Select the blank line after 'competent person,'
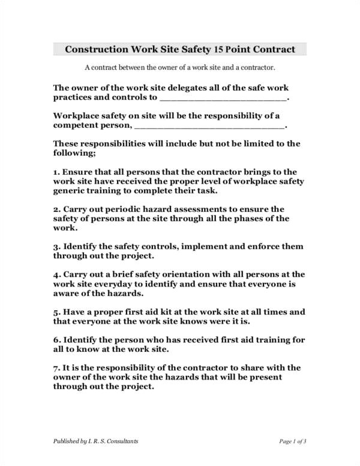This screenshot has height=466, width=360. click(x=209, y=126)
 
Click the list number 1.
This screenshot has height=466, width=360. click(x=56, y=172)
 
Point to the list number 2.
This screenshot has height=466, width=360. click(x=56, y=210)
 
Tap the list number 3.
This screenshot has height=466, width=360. click(x=56, y=247)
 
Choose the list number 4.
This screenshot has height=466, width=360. click(x=56, y=274)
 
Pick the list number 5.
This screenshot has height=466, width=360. click(x=56, y=312)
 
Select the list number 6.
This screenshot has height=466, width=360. click(x=56, y=340)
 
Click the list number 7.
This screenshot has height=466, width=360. click(x=56, y=368)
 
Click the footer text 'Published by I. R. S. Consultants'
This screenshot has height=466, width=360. click(x=96, y=441)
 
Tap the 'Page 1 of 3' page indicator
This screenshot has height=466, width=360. click(x=293, y=441)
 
